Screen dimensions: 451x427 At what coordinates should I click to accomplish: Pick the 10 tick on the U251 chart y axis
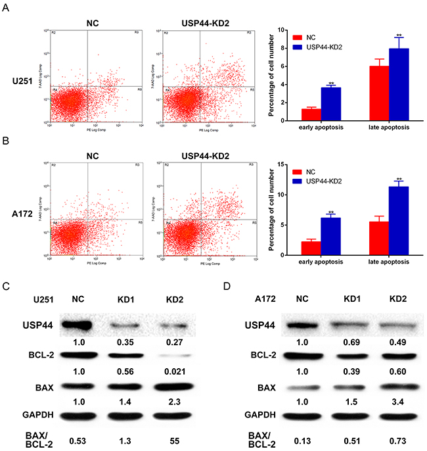tap(284, 30)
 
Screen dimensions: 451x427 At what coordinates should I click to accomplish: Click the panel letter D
tap(227, 287)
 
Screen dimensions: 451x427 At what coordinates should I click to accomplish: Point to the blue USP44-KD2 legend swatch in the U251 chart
tap(299, 47)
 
